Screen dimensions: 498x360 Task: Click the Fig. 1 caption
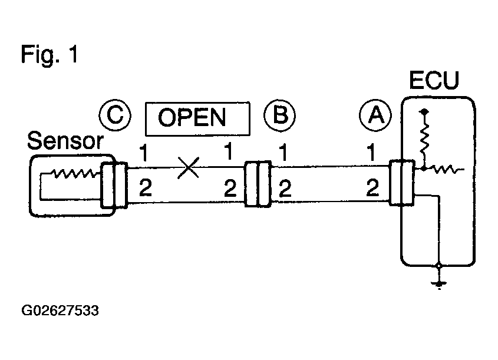[50, 55]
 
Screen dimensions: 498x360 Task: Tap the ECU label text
[434, 80]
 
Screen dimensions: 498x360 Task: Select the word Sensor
[65, 141]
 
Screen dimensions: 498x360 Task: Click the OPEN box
[197, 119]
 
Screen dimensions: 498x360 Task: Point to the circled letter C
[115, 115]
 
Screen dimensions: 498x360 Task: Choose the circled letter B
[280, 115]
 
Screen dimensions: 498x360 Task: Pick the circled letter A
[375, 115]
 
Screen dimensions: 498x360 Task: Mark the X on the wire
[189, 167]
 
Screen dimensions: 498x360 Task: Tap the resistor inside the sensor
[75, 173]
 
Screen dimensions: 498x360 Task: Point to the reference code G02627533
[60, 311]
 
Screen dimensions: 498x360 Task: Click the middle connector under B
[258, 184]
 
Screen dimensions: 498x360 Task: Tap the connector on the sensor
[114, 185]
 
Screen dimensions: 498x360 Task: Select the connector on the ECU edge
[402, 183]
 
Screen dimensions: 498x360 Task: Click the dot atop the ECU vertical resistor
[424, 112]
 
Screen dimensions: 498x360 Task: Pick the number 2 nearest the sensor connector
[146, 188]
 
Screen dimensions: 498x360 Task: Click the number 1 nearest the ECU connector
[371, 153]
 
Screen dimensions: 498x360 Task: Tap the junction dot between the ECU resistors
[424, 169]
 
